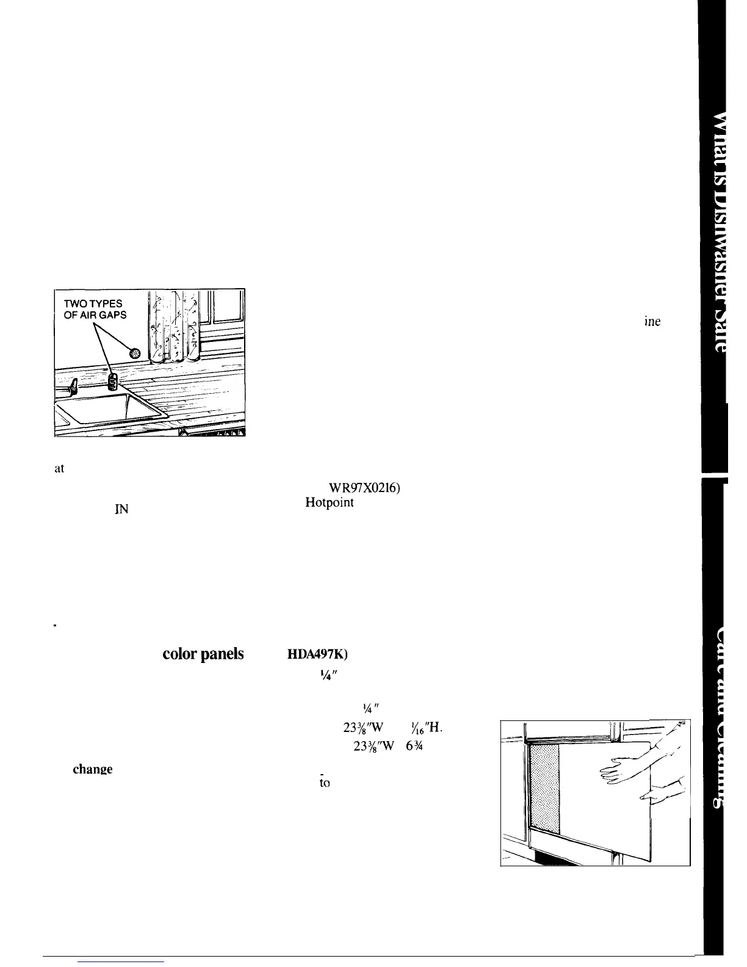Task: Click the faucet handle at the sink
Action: (x=72, y=385)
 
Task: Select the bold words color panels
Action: (x=203, y=654)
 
